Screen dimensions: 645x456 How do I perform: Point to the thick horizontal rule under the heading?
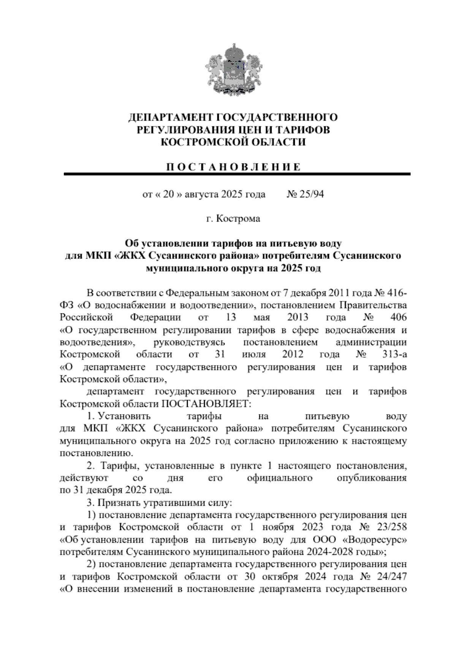[237, 174]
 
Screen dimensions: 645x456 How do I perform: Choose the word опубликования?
[372, 478]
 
